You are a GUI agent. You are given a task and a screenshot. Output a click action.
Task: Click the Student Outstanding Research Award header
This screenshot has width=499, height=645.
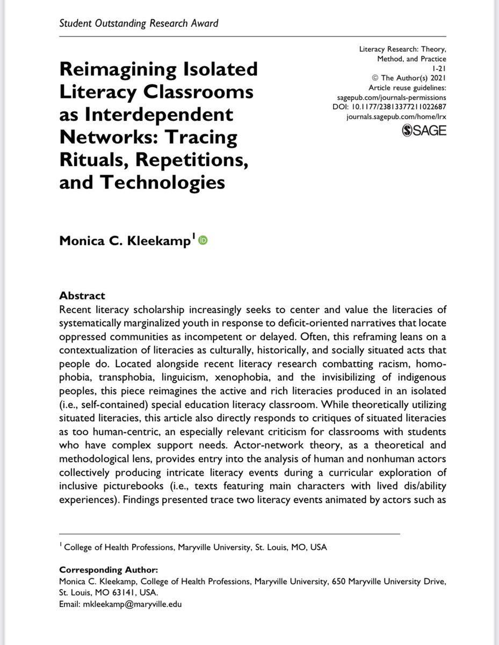tap(139, 23)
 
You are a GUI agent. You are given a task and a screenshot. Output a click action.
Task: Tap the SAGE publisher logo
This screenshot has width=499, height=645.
tap(424, 130)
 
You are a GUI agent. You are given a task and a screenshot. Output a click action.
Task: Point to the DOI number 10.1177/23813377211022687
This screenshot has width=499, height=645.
tap(414, 107)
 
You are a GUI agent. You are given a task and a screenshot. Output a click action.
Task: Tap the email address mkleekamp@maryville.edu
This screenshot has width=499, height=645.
tap(132, 605)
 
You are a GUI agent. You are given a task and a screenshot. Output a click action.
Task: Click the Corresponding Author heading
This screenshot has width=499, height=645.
tap(109, 569)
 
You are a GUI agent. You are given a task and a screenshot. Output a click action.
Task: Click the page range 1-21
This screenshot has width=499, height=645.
tap(438, 68)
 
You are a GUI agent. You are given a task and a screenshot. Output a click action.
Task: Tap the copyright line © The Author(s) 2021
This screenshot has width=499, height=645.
tap(411, 78)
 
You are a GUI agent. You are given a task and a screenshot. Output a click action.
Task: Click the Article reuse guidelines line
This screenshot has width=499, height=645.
tap(407, 88)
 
